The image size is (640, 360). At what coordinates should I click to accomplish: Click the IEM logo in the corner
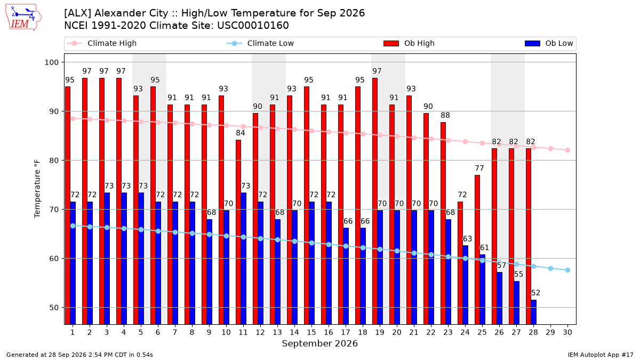click(x=23, y=18)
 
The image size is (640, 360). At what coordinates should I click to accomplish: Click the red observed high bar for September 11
click(x=238, y=232)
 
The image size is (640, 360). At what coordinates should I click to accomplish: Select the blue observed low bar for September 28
click(x=533, y=312)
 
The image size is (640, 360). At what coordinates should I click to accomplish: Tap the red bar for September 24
click(x=460, y=263)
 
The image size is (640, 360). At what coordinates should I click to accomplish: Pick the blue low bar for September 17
click(x=346, y=276)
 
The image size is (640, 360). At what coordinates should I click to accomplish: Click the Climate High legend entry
click(x=102, y=43)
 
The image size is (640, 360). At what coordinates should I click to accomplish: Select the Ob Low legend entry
click(x=549, y=43)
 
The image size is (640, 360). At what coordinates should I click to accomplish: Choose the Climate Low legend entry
click(x=260, y=43)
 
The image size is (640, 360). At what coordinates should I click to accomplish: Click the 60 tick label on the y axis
click(x=54, y=259)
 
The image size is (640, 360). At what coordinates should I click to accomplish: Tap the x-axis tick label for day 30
click(x=567, y=332)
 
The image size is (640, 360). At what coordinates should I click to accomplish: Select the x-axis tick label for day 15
click(x=311, y=332)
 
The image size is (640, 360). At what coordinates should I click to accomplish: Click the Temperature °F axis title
click(x=37, y=189)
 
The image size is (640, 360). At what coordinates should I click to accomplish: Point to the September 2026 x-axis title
click(x=319, y=343)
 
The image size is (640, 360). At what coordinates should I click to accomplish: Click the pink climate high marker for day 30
click(x=567, y=150)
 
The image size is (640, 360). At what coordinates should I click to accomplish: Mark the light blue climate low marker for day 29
click(x=550, y=269)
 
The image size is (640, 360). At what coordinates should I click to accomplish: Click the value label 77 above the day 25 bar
click(x=479, y=168)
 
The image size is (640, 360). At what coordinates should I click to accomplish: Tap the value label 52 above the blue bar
click(x=535, y=293)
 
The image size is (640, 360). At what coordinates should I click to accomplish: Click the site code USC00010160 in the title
click(x=253, y=26)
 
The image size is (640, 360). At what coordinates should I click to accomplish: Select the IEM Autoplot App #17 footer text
click(x=601, y=355)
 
